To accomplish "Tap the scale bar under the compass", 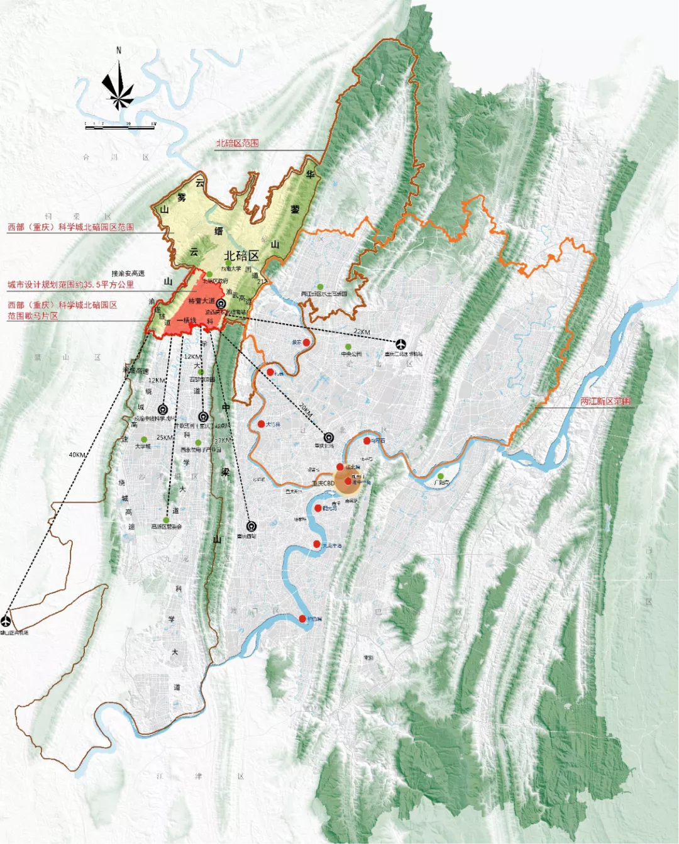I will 120,127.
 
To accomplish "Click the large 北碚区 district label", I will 241,256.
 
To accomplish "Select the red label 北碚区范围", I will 237,143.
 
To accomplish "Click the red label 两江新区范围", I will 605,401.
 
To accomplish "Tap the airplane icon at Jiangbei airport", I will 401,343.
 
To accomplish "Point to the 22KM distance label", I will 362,331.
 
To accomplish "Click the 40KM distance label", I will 77,455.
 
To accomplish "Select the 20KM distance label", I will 306,411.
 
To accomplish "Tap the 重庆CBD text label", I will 323,484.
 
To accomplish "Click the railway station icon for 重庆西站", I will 251,526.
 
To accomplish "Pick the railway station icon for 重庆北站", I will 328,437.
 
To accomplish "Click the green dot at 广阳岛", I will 441,476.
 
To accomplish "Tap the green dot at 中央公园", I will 348,347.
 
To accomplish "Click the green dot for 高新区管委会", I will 166,519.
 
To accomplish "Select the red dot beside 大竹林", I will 261,425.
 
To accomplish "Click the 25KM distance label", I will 165,438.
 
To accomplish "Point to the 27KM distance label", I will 223,441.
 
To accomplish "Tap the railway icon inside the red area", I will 221,303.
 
